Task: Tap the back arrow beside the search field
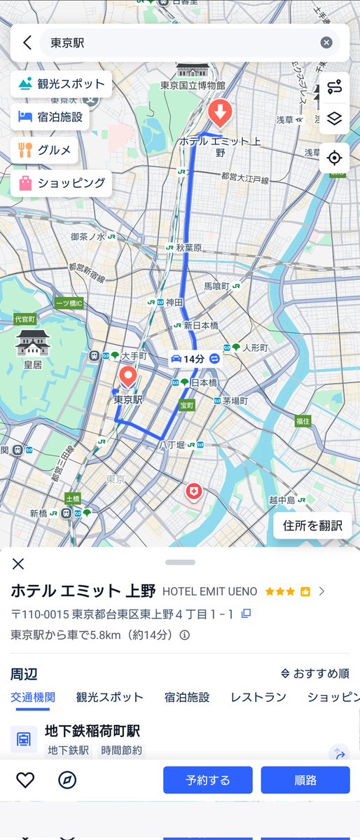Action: [27, 43]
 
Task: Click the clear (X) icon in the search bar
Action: [326, 43]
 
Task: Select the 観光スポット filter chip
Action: [62, 85]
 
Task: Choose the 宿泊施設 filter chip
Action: [50, 117]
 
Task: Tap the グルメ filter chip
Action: [44, 149]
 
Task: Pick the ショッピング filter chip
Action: [62, 183]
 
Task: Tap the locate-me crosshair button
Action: [334, 158]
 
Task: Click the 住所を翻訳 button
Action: [312, 525]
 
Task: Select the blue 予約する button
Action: [207, 780]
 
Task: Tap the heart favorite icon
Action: [25, 780]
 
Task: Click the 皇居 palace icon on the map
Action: [33, 343]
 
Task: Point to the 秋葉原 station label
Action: [188, 247]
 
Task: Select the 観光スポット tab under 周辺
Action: [109, 697]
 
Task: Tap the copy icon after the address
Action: [246, 614]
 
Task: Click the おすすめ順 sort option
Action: [315, 674]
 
